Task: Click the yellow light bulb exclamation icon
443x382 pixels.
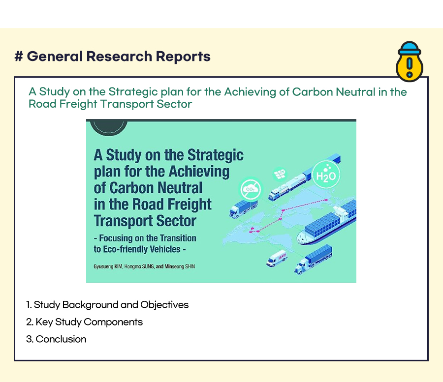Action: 410,62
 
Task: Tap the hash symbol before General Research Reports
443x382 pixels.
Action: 19,56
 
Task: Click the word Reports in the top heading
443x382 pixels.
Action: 183,57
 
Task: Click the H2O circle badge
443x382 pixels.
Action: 326,175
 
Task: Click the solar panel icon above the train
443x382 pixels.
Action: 280,174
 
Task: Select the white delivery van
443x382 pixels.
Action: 276,258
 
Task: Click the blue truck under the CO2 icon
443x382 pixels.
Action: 243,209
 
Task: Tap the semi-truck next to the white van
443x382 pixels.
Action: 313,259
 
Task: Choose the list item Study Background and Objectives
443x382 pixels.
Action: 107,305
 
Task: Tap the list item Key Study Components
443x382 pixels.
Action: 85,322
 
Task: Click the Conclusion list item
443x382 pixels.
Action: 56,339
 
